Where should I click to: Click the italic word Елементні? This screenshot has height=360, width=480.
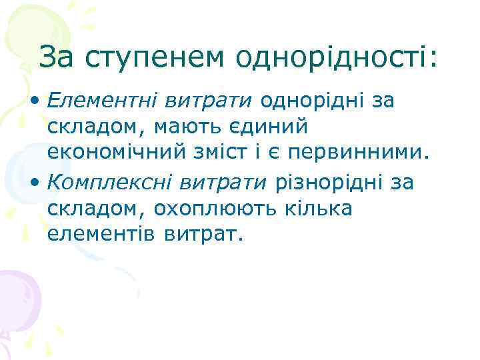[x=101, y=101]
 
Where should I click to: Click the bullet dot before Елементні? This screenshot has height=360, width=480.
[x=33, y=103]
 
